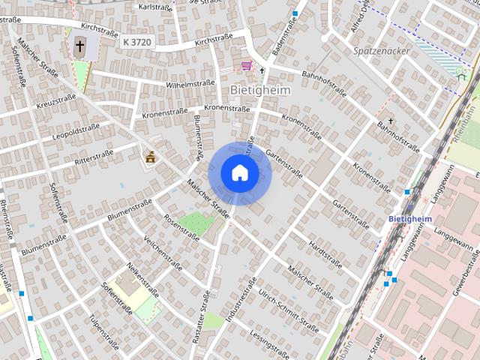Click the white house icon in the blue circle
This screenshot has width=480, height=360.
tap(240, 173)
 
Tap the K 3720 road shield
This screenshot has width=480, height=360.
tap(137, 43)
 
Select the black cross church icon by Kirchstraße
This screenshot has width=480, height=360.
tap(79, 46)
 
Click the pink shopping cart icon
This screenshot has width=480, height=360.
tap(247, 66)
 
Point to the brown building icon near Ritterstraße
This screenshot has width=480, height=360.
tap(149, 157)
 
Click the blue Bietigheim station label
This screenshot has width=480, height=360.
tap(412, 218)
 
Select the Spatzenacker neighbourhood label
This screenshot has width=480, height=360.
tap(380, 51)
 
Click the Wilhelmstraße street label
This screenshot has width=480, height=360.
tap(190, 84)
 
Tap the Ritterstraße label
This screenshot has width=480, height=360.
tap(93, 159)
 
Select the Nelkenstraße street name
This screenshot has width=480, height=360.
tap(142, 278)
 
